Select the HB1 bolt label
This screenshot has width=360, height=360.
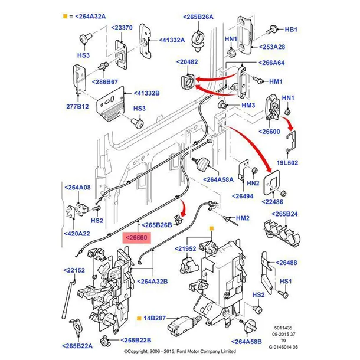click(292, 28)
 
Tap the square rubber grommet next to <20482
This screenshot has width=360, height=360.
click(188, 81)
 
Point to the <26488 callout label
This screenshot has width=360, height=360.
click(286, 263)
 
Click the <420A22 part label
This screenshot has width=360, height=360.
click(77, 234)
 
